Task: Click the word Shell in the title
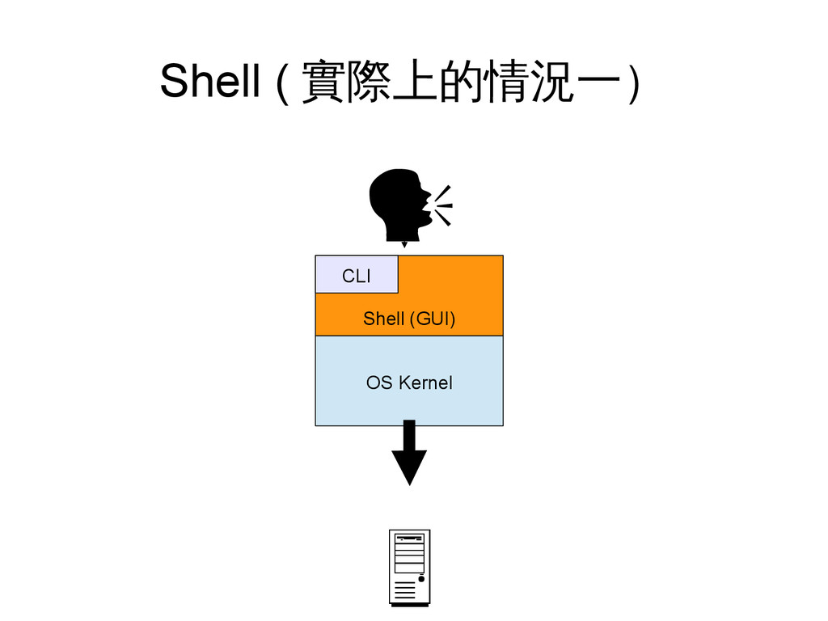[209, 81]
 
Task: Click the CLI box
[357, 275]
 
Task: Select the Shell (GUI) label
[408, 319]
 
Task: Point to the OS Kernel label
[408, 382]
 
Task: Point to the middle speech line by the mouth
[444, 205]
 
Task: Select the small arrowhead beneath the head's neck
[404, 243]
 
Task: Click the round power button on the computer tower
[421, 579]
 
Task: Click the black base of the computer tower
[409, 603]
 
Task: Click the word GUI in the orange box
[431, 319]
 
